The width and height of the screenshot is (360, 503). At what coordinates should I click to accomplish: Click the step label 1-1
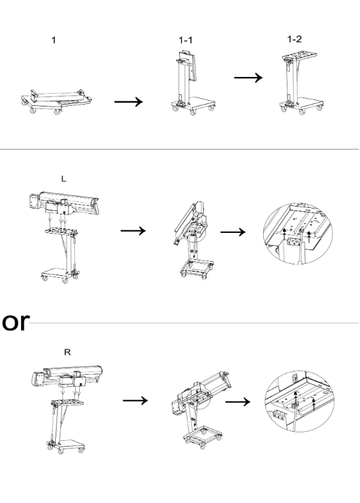(x=185, y=40)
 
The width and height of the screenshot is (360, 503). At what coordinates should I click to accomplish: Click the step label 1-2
(x=294, y=39)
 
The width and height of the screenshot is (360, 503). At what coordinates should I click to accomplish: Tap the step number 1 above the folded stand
(x=54, y=40)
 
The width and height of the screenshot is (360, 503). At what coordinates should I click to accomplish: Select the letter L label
(x=64, y=178)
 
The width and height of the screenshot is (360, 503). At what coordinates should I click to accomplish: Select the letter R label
(x=67, y=352)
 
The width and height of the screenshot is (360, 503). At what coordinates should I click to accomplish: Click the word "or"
(x=15, y=322)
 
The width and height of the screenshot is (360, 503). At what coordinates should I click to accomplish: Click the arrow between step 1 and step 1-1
(x=128, y=101)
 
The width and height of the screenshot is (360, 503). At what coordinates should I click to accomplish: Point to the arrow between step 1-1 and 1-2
(x=248, y=78)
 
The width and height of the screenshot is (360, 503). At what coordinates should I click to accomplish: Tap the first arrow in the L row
(x=133, y=231)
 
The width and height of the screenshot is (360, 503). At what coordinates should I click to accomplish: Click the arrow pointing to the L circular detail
(x=233, y=232)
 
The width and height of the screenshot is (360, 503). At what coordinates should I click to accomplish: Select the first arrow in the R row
(x=135, y=400)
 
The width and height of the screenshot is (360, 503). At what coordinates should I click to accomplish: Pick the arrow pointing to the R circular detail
(x=237, y=402)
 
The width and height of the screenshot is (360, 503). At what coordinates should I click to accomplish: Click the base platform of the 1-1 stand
(x=194, y=103)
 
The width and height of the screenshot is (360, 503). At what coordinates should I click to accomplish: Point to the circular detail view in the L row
(x=298, y=234)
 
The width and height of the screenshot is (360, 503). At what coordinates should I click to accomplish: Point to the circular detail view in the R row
(x=299, y=402)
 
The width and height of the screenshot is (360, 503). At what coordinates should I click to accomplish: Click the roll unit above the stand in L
(x=64, y=205)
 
